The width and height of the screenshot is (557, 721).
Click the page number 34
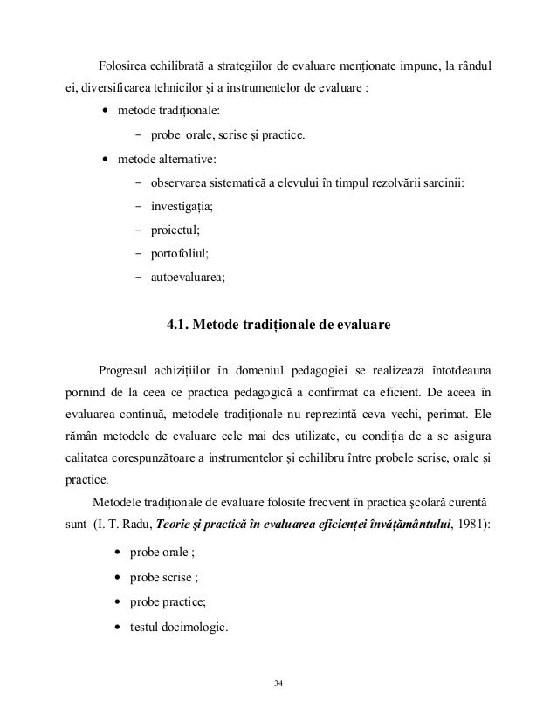point(278,681)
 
